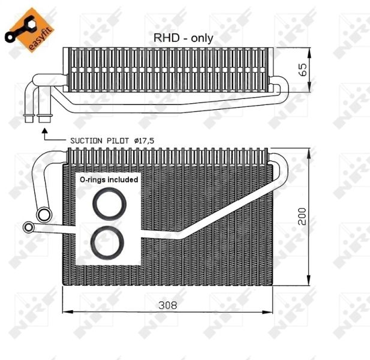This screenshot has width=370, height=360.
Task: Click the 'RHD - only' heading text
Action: (x=183, y=37)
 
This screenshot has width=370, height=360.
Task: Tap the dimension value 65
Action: (x=303, y=69)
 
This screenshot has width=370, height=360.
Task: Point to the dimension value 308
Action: (x=168, y=305)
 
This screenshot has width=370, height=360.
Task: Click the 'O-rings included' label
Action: (x=109, y=179)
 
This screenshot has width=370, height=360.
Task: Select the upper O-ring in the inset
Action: (x=109, y=204)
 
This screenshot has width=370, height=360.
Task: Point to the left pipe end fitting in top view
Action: (x=29, y=116)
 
